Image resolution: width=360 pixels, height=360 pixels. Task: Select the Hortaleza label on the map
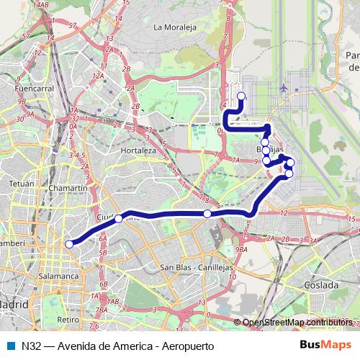(138, 150)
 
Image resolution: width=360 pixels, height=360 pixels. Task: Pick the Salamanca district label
(59, 276)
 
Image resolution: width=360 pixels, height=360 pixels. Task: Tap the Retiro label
(68, 319)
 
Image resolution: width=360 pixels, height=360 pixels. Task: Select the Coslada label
(321, 285)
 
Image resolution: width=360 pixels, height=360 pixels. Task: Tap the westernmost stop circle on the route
(70, 244)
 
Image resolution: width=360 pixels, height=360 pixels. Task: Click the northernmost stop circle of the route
(240, 96)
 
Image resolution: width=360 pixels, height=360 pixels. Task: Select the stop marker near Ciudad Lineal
(118, 218)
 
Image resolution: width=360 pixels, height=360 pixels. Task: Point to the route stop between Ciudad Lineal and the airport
(207, 214)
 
